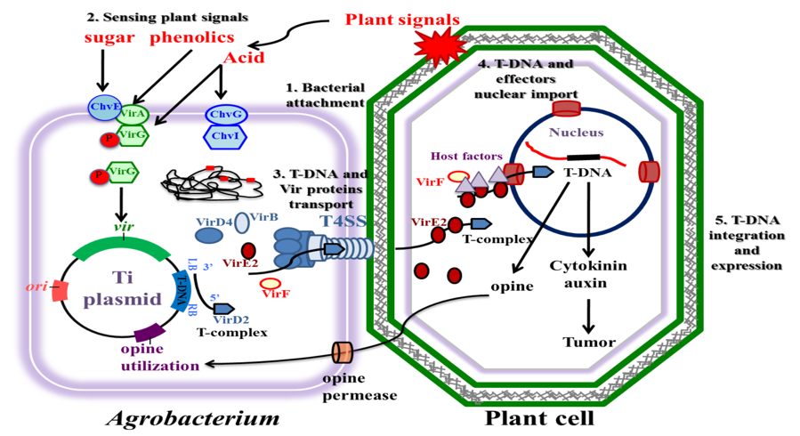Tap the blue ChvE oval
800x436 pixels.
[104, 109]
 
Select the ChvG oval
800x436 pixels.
[226, 115]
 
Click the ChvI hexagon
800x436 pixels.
[226, 135]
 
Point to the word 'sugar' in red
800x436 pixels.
[109, 38]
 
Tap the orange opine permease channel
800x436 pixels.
[343, 351]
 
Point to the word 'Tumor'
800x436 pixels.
[587, 341]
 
